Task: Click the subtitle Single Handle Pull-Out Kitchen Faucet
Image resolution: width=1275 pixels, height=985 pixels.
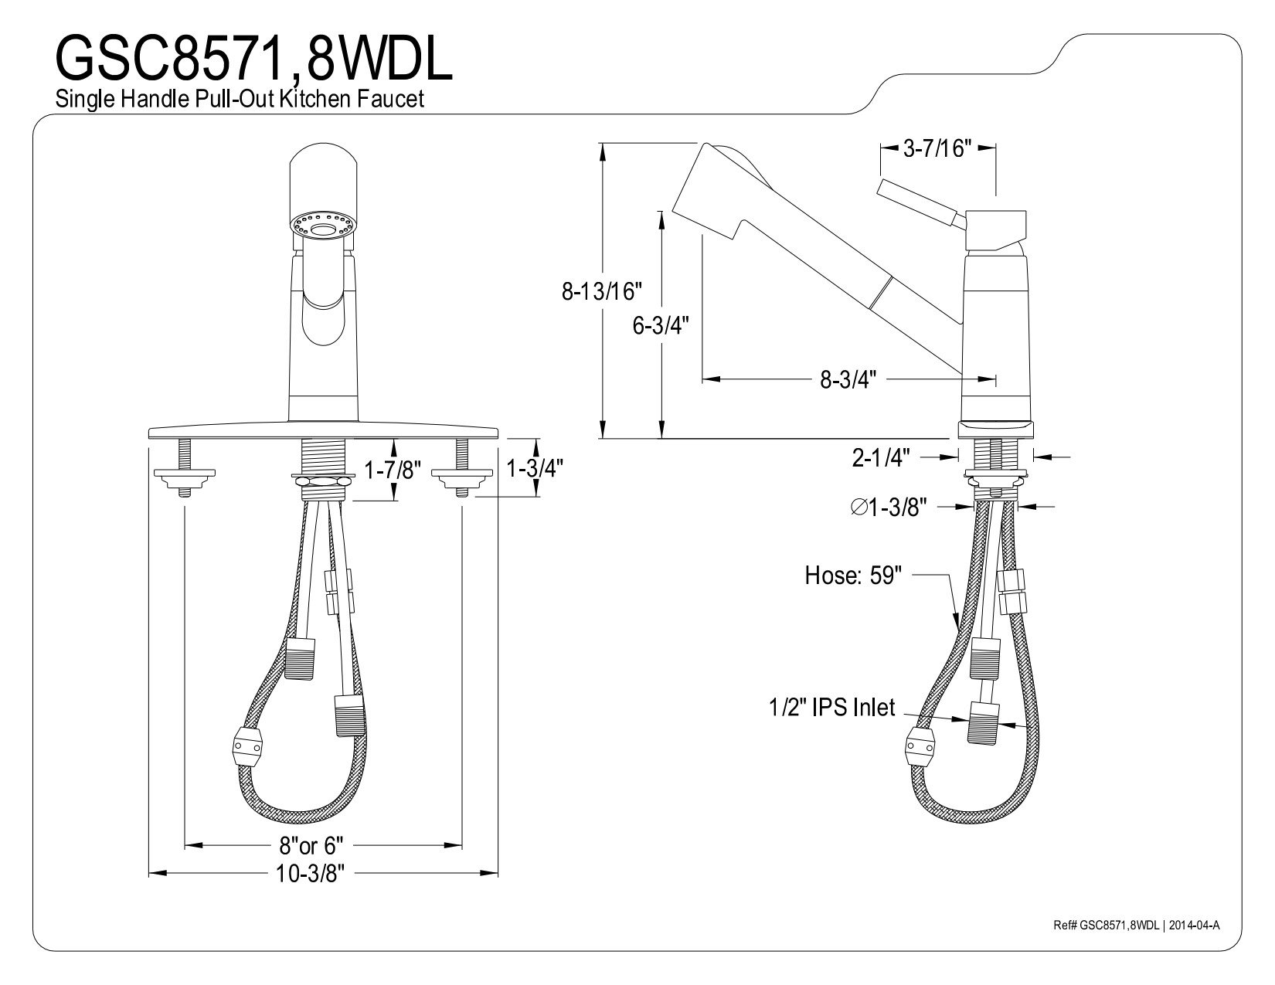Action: [x=240, y=99]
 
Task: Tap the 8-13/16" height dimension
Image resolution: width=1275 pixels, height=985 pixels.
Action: [x=601, y=291]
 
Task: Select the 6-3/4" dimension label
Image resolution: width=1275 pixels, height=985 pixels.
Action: [x=660, y=325]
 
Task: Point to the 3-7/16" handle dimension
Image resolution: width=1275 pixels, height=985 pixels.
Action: [x=937, y=148]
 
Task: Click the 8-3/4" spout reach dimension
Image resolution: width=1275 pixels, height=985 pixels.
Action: [x=848, y=379]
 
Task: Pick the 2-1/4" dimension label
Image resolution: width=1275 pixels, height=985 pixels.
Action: [x=881, y=458]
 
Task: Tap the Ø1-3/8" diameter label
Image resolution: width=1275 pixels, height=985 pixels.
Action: [x=889, y=508]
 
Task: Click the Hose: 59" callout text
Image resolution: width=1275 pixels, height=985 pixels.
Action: [x=852, y=576]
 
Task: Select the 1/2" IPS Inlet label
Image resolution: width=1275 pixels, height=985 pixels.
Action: [x=832, y=708]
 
